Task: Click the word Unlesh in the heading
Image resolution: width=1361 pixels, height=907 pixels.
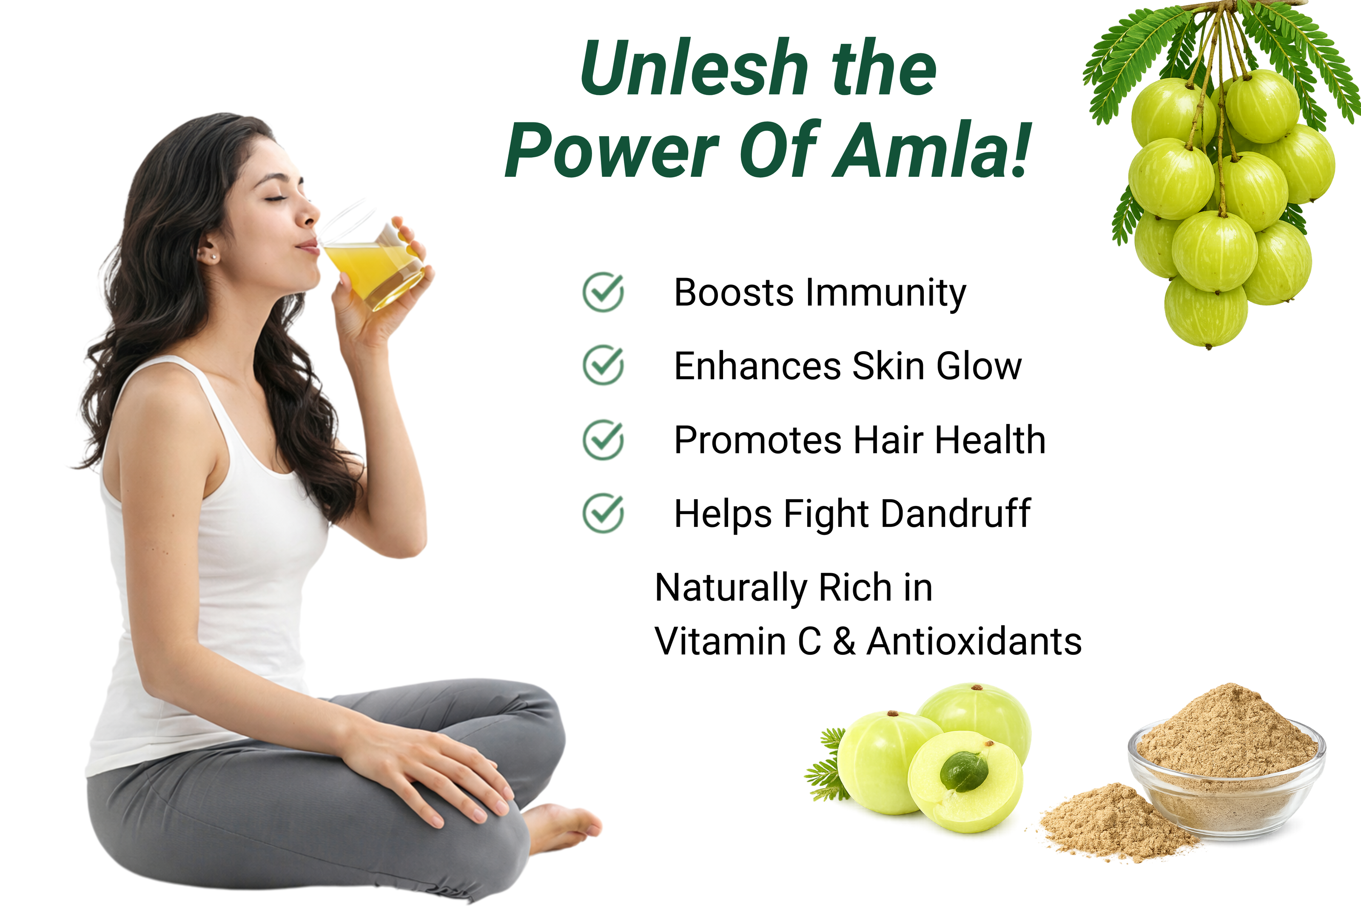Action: (694, 68)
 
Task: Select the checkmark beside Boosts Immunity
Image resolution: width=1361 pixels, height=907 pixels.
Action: (603, 292)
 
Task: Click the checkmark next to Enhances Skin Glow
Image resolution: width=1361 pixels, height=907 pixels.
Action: (603, 365)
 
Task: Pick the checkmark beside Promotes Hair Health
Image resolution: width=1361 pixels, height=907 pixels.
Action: (603, 440)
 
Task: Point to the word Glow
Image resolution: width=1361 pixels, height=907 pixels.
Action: (979, 366)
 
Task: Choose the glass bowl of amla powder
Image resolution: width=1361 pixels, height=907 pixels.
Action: (1226, 764)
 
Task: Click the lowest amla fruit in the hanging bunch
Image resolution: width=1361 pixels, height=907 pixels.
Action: (1206, 313)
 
